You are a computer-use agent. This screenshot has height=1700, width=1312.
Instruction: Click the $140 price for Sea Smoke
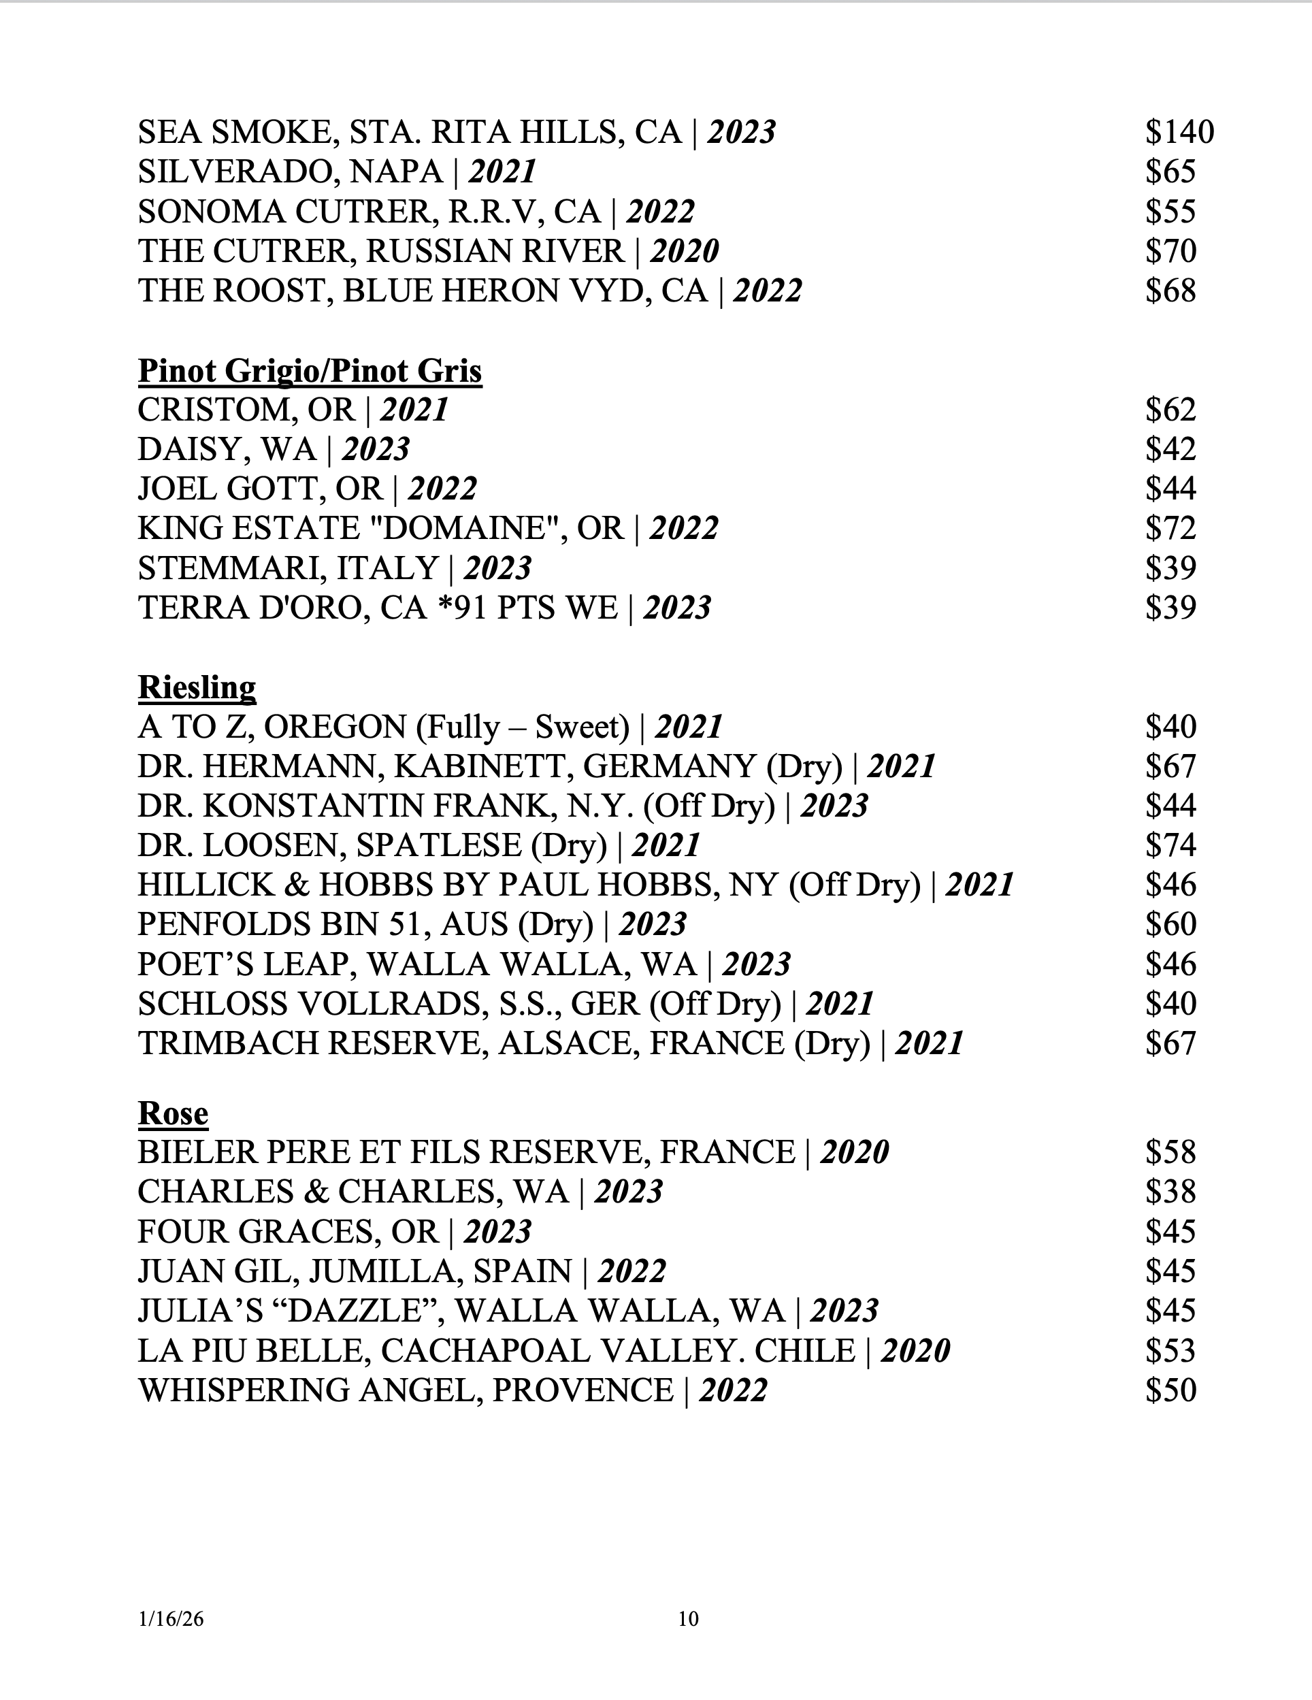(1179, 132)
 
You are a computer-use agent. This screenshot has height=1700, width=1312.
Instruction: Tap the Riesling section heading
(197, 687)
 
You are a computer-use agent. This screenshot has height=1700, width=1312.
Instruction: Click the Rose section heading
(173, 1113)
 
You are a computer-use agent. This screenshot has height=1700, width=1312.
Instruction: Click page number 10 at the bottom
(689, 1619)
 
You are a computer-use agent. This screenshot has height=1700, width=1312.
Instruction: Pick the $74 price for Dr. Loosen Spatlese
(1170, 845)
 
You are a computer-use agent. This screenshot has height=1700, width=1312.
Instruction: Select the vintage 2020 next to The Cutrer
(685, 251)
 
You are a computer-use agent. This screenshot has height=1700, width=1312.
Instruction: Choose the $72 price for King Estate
(1170, 529)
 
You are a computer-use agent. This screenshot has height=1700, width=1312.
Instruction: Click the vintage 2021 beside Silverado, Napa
(502, 172)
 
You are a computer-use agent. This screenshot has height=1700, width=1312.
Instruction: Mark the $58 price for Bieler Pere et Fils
(1170, 1153)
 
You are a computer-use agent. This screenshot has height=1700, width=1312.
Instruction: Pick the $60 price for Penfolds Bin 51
(1170, 925)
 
